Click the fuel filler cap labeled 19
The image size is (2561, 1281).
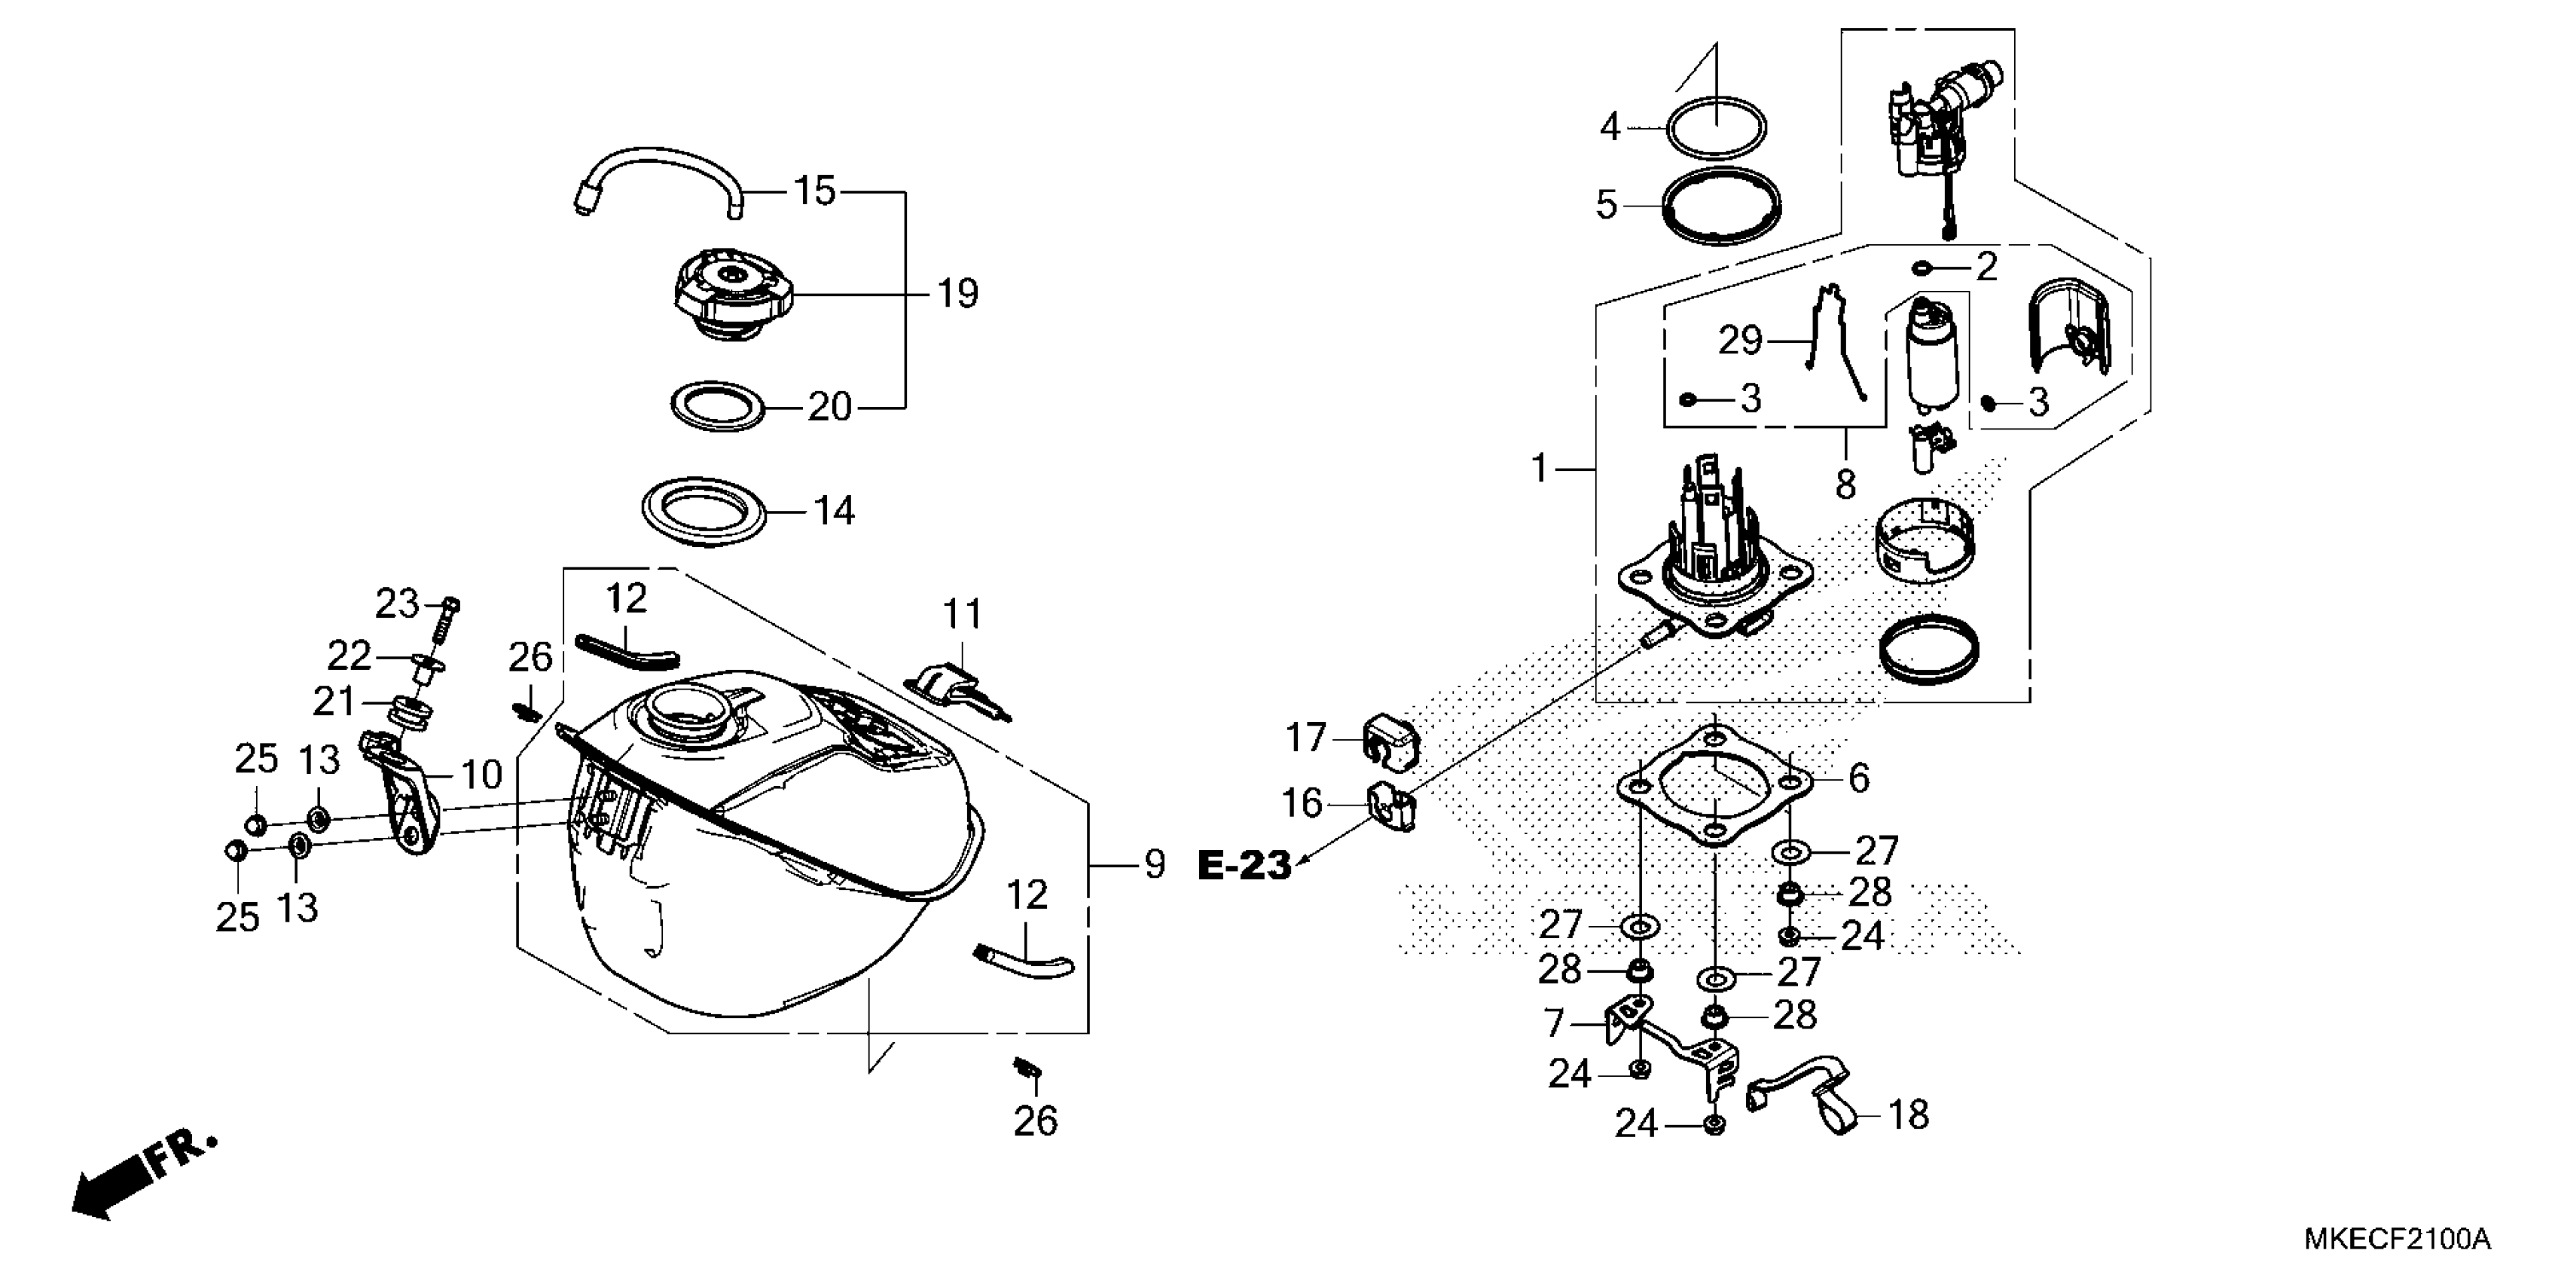click(734, 293)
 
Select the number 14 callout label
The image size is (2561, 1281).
click(833, 511)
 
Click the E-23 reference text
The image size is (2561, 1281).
click(1244, 865)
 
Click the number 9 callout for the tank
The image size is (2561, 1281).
click(1153, 864)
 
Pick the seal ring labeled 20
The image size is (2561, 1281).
click(717, 406)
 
